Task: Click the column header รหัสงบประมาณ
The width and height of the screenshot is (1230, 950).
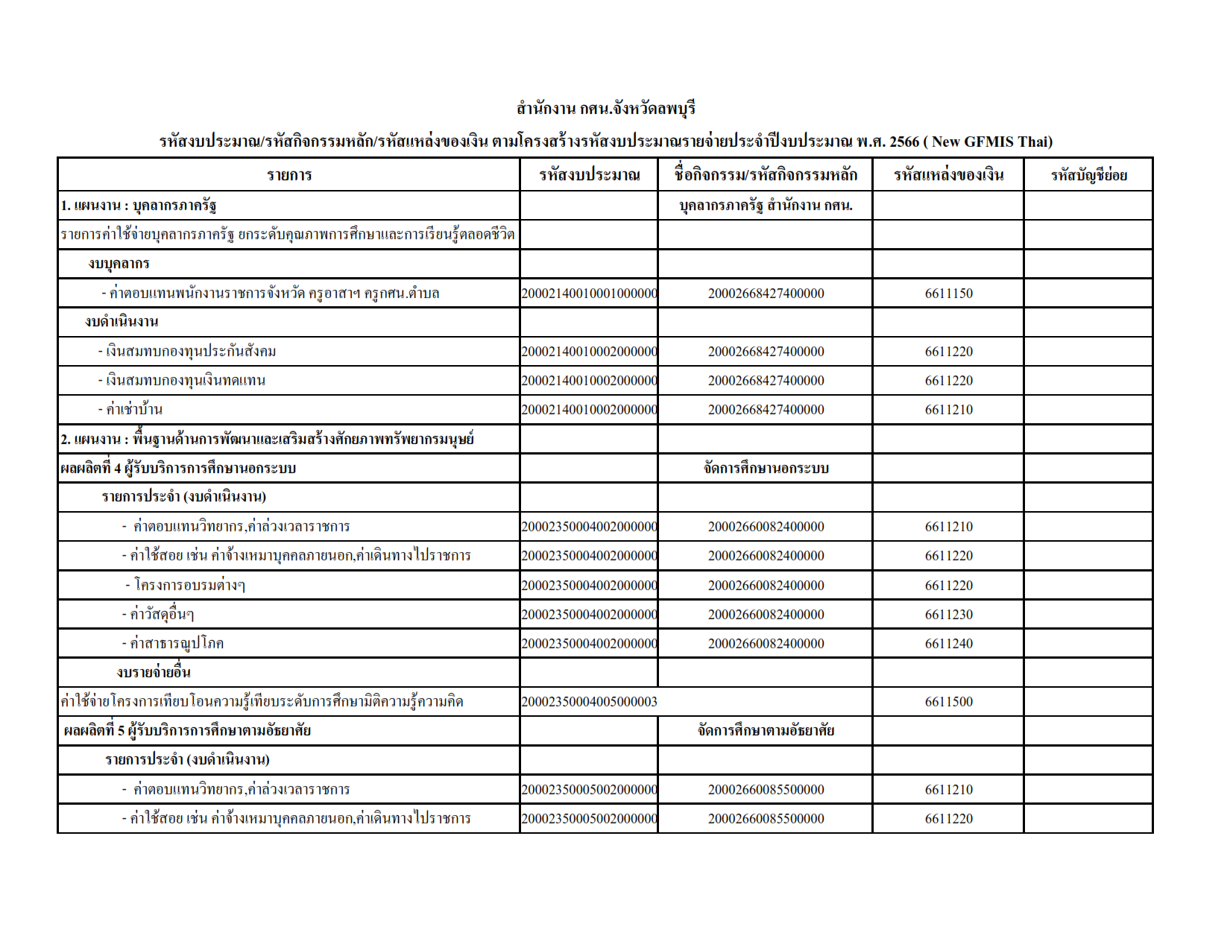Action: pos(589,175)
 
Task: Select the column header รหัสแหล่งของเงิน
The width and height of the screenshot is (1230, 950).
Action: pos(948,175)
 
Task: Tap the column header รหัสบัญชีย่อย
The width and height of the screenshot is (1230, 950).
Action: pos(1088,175)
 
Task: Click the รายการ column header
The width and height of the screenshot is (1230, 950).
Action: pos(289,175)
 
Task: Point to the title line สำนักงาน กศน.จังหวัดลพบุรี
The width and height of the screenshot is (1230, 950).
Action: pos(605,109)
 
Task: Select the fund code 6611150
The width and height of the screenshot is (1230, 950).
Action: pos(948,294)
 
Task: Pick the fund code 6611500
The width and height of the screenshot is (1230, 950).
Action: pos(948,702)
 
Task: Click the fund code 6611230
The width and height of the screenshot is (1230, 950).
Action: pos(948,615)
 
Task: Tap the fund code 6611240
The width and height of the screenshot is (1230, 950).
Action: pos(948,644)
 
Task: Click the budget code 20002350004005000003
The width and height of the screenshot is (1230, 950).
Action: pos(589,702)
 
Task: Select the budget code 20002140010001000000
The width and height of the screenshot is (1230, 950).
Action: pos(589,294)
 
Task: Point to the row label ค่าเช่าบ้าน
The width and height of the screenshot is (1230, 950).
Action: pos(133,410)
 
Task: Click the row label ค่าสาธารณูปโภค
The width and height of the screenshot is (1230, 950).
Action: pos(176,644)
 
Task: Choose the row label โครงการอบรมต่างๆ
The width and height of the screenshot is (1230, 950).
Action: pos(189,586)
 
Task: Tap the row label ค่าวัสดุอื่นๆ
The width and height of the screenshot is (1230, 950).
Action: pos(161,615)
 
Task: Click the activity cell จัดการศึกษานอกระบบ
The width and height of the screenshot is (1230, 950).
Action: pos(766,469)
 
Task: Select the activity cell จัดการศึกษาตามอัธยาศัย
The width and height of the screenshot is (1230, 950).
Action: pos(766,731)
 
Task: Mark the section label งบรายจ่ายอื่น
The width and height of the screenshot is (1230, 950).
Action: pos(154,673)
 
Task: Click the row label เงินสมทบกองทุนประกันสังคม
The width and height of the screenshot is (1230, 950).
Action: pos(190,352)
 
